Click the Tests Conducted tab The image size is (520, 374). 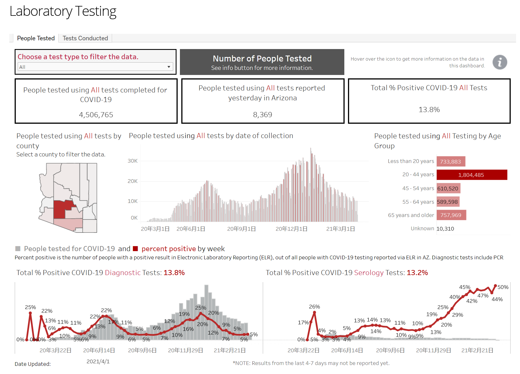85,38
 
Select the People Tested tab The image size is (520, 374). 36,38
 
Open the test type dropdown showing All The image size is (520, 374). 95,67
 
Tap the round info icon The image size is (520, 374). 500,62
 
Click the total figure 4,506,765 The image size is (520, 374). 96,115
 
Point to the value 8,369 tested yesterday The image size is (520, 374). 262,115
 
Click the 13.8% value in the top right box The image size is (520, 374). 429,110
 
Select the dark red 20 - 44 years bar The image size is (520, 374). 472,175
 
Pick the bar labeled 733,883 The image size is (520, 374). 451,161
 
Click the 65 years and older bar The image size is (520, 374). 451,215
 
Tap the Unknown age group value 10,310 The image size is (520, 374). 445,229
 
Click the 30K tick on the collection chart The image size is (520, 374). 133,161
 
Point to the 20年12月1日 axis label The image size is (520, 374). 291,229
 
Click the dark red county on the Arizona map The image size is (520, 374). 60,209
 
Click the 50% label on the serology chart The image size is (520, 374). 503,287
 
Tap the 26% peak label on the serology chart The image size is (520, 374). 314,307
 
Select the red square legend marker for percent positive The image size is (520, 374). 135,249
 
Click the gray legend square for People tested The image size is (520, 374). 18,249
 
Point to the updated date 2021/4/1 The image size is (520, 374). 98,362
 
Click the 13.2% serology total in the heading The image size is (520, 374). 417,273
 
